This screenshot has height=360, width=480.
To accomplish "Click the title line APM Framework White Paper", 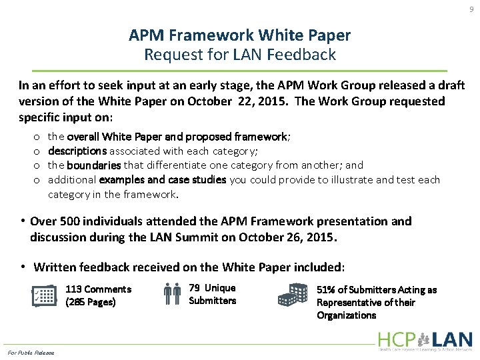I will (240, 35).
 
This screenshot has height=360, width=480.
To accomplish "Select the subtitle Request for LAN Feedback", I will (240, 55).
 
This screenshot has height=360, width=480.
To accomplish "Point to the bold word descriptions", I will (77, 151).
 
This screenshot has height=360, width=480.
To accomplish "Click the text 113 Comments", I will (98, 289).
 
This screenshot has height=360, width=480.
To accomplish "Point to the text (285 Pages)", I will (91, 303).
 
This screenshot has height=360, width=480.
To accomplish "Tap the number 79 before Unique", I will (195, 287).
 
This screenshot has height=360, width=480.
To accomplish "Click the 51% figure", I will (326, 289).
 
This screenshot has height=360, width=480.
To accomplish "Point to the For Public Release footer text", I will (31, 352).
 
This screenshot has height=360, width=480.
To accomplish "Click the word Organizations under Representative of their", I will (346, 315).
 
